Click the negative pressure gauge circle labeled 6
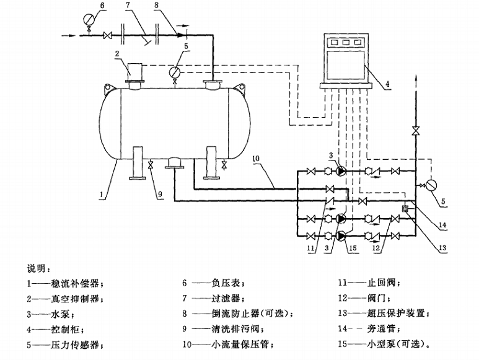(x=89, y=20)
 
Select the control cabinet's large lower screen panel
(x=346, y=66)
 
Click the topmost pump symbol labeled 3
(x=341, y=171)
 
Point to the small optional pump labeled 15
(x=341, y=235)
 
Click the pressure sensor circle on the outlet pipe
(x=431, y=185)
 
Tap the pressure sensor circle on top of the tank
(x=174, y=72)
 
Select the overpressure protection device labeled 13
(x=405, y=209)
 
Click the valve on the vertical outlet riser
(x=415, y=131)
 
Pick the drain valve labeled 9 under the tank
(x=151, y=165)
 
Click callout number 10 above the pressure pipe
(x=256, y=159)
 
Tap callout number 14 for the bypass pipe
(x=442, y=226)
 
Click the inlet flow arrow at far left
(x=68, y=36)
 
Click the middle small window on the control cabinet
(x=346, y=42)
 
